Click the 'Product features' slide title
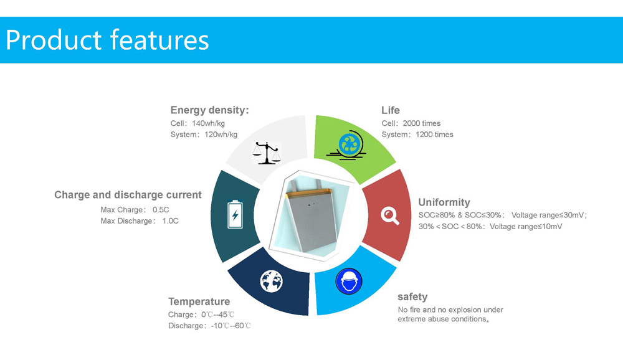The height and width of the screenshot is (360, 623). pyautogui.click(x=107, y=40)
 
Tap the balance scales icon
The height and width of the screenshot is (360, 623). pyautogui.click(x=267, y=153)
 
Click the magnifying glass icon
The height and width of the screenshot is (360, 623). pyautogui.click(x=390, y=216)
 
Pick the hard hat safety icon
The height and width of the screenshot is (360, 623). pyautogui.click(x=349, y=282)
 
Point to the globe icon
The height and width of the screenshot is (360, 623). pyautogui.click(x=272, y=282)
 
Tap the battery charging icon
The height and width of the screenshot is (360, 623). pyautogui.click(x=235, y=215)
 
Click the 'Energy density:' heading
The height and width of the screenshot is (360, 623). pyautogui.click(x=209, y=110)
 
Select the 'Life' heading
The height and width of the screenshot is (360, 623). pyautogui.click(x=391, y=110)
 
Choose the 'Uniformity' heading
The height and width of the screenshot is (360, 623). pyautogui.click(x=444, y=202)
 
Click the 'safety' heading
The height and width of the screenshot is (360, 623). pyautogui.click(x=412, y=297)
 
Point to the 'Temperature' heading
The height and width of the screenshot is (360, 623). pyautogui.click(x=199, y=301)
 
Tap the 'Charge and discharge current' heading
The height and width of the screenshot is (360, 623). pyautogui.click(x=128, y=195)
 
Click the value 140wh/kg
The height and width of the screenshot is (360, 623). pyautogui.click(x=208, y=123)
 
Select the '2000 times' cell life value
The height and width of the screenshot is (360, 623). pyautogui.click(x=422, y=123)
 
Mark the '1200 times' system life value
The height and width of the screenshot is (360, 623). pyautogui.click(x=434, y=135)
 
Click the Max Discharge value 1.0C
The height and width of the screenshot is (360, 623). pyautogui.click(x=171, y=221)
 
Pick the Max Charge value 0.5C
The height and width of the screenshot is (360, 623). pyautogui.click(x=161, y=210)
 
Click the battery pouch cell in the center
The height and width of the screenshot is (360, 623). pyautogui.click(x=312, y=216)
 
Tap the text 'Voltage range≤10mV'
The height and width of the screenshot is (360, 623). pyautogui.click(x=526, y=227)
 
